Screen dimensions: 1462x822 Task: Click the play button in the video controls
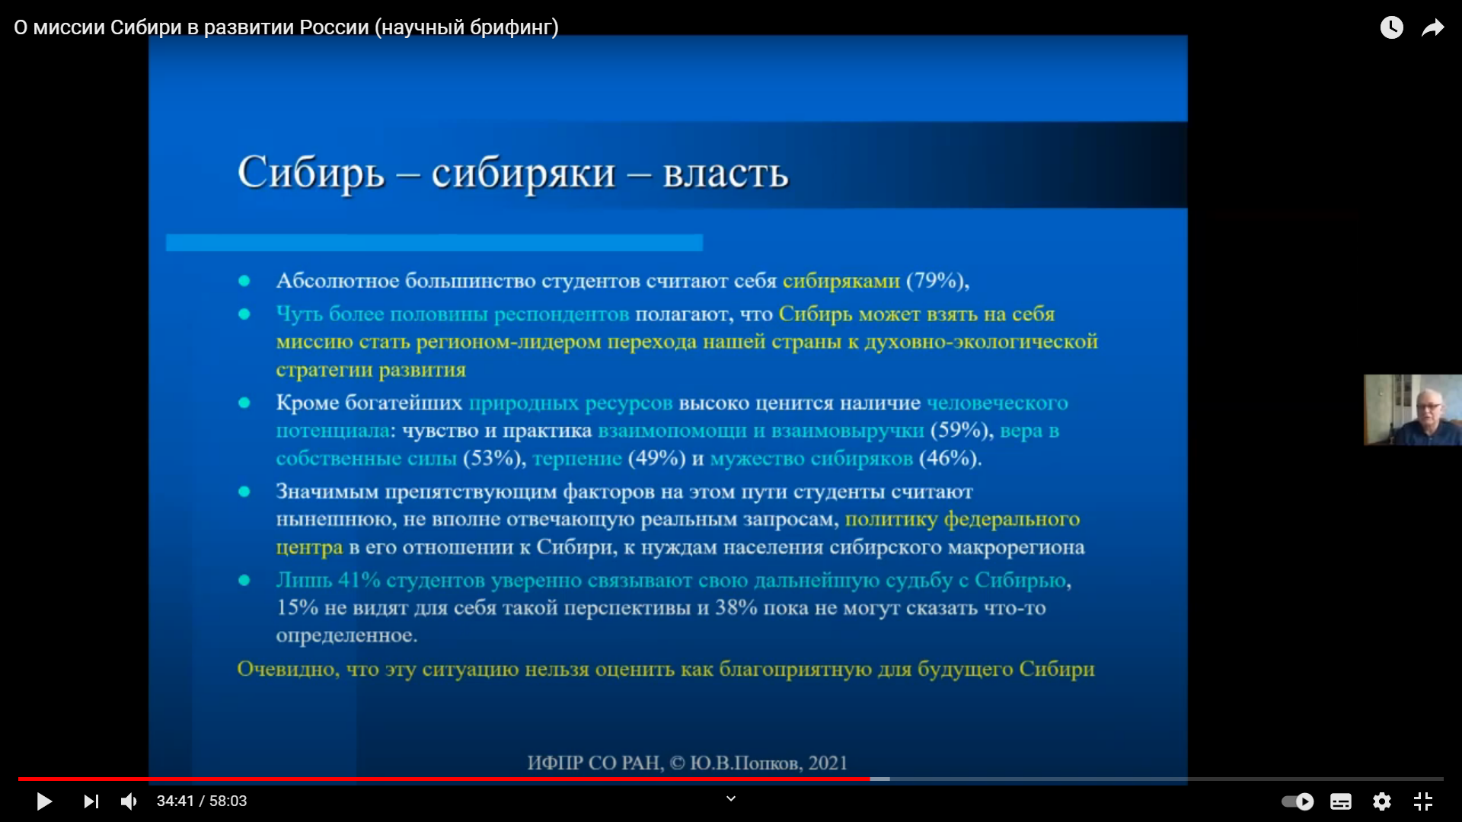click(44, 801)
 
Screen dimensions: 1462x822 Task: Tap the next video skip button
click(91, 801)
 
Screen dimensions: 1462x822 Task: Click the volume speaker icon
click(129, 801)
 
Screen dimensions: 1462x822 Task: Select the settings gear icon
click(1382, 801)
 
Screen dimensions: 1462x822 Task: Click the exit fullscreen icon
click(1423, 801)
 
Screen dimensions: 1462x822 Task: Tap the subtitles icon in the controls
click(1341, 801)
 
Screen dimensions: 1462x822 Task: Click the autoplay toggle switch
click(1298, 801)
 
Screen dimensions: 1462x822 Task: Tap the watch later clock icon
click(1392, 27)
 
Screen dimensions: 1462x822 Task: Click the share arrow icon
click(1433, 28)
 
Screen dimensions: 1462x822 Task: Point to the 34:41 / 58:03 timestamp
click(202, 801)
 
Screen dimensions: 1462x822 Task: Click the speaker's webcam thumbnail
click(1413, 409)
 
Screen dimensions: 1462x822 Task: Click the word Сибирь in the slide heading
click(311, 174)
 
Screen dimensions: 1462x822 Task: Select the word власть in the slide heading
click(726, 174)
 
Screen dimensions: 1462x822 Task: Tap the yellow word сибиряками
click(841, 281)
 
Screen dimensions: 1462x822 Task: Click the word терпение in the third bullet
click(577, 459)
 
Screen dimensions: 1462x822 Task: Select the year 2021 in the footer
click(828, 763)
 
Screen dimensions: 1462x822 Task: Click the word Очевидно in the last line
click(288, 669)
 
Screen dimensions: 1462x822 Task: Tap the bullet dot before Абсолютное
click(244, 281)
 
